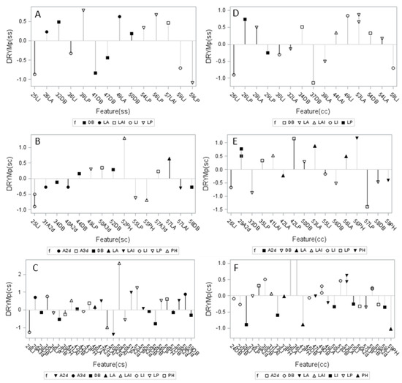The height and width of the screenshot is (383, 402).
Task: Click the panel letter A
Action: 37,15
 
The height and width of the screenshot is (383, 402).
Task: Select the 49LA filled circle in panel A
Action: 119,16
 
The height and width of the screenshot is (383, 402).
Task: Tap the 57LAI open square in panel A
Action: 168,23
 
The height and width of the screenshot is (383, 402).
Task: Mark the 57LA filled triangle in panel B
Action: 169,158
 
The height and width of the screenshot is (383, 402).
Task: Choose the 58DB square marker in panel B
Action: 191,187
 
